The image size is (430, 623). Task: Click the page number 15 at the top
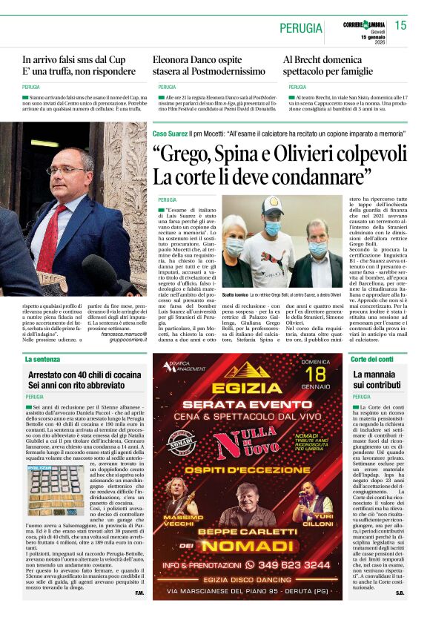400,25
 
